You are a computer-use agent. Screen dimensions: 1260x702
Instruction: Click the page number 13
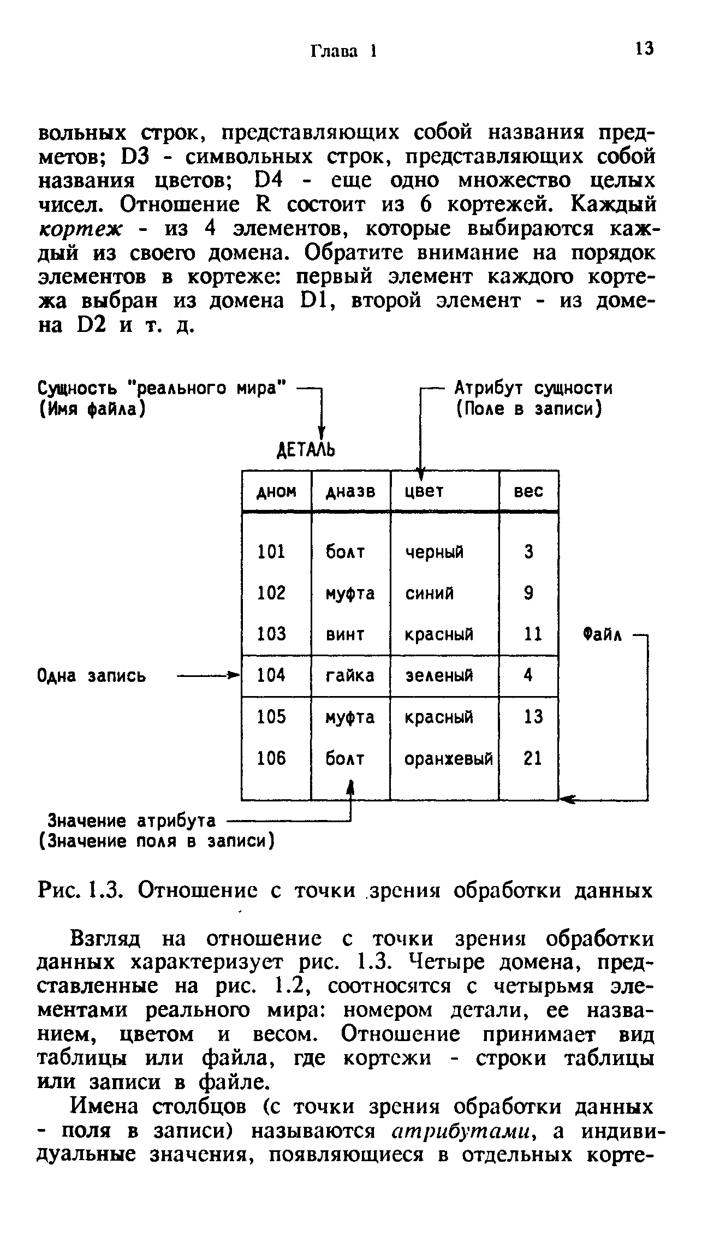[x=644, y=49]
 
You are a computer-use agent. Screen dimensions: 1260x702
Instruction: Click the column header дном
[x=276, y=492]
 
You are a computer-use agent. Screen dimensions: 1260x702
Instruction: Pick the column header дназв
[x=350, y=492]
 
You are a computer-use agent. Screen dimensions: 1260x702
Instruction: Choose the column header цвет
[x=424, y=492]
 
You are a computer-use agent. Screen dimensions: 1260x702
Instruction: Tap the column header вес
[x=528, y=492]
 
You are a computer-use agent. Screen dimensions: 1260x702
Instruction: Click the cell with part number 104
[x=271, y=676]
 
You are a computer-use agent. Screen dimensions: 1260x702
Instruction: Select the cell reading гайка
[x=350, y=676]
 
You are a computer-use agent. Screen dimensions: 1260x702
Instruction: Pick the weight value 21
[x=533, y=758]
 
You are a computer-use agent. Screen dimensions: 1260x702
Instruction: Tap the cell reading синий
[x=429, y=593]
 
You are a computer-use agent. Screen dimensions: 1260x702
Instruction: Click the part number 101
[x=271, y=552]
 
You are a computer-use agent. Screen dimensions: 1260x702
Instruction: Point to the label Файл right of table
[x=603, y=635]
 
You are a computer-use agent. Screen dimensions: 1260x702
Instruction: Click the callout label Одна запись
[x=92, y=676]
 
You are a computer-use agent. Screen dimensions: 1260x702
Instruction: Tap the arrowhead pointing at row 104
[x=235, y=676]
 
